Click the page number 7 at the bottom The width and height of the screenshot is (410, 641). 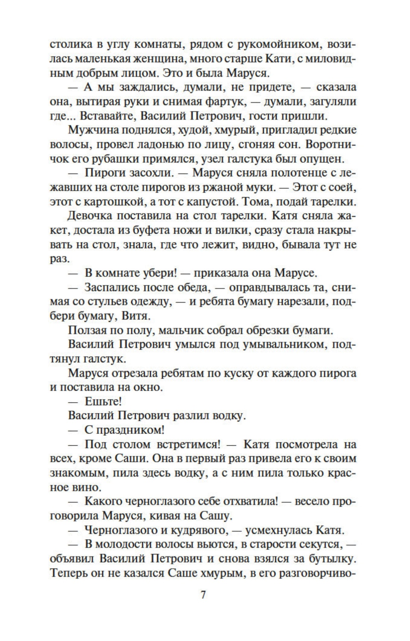pyautogui.click(x=203, y=595)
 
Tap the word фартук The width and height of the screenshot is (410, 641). pyautogui.click(x=222, y=101)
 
